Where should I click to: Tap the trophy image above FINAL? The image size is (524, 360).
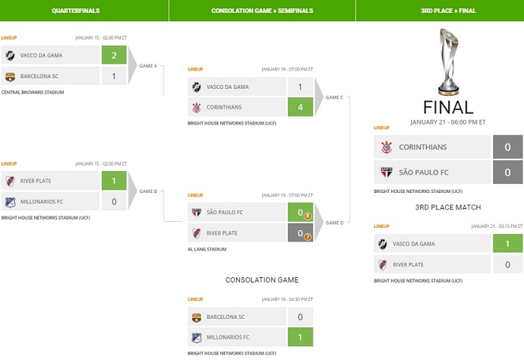pyautogui.click(x=447, y=64)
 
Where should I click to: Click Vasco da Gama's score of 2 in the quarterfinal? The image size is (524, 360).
pyautogui.click(x=114, y=55)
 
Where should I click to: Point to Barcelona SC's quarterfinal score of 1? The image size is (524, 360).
pyautogui.click(x=114, y=76)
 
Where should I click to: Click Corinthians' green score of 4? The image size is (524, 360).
pyautogui.click(x=300, y=107)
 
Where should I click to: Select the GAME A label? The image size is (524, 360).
pyautogui.click(x=148, y=66)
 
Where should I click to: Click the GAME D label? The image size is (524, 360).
pyautogui.click(x=334, y=223)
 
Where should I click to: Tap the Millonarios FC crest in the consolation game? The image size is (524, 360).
pyautogui.click(x=196, y=336)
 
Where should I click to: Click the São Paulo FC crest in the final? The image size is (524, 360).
pyautogui.click(x=386, y=172)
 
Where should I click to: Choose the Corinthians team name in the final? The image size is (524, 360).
pyautogui.click(x=422, y=147)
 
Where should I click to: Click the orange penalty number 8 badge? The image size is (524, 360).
pyautogui.click(x=308, y=215)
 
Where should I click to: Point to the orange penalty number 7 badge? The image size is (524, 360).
pyautogui.click(x=308, y=236)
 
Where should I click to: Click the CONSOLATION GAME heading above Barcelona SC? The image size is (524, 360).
pyautogui.click(x=261, y=280)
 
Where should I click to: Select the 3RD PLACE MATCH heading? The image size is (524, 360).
pyautogui.click(x=447, y=207)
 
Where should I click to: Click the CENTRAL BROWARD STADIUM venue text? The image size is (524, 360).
pyautogui.click(x=33, y=92)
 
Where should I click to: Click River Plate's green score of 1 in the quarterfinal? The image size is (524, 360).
pyautogui.click(x=114, y=181)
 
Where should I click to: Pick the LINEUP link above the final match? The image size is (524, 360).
pyautogui.click(x=381, y=128)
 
